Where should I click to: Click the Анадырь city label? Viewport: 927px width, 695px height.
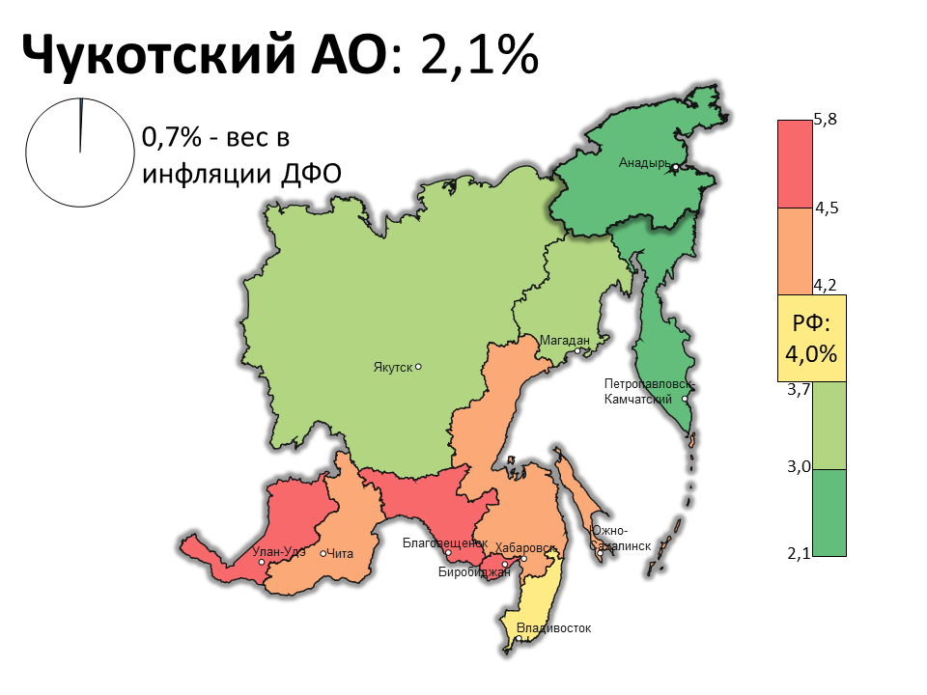point(643,163)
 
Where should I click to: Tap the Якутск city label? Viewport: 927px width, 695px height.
point(392,367)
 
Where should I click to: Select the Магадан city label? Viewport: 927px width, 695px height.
point(564,341)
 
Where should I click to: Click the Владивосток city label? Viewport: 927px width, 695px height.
point(553,628)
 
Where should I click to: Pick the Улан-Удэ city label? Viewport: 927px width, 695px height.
point(278,552)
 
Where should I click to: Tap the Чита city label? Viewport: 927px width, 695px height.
point(341,553)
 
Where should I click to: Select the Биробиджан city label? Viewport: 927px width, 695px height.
point(473,572)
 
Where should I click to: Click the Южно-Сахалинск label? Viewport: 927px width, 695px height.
point(621,539)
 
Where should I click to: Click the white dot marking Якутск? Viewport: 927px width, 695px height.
point(418,367)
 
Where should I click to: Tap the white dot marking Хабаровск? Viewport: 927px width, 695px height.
point(523,559)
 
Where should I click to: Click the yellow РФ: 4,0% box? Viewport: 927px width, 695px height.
point(811,338)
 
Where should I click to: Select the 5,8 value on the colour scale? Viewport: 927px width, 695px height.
point(825,120)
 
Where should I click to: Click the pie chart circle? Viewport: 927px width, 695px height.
point(79,153)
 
